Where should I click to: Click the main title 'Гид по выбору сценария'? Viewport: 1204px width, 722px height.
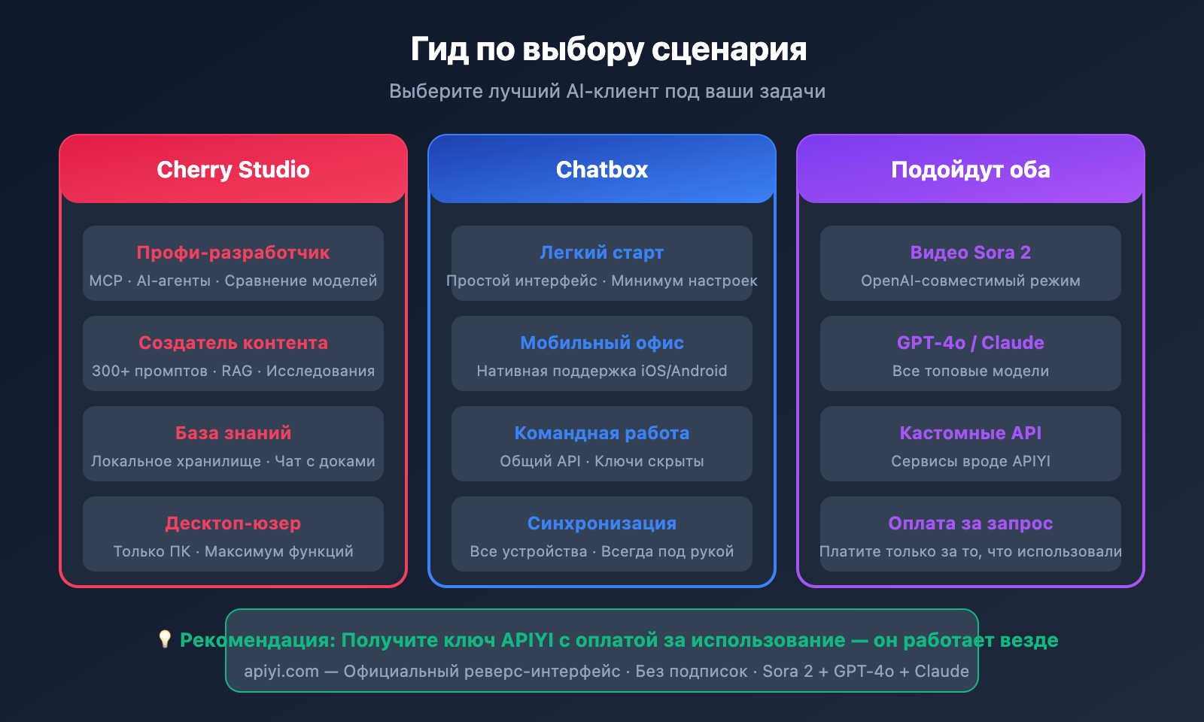pyautogui.click(x=608, y=50)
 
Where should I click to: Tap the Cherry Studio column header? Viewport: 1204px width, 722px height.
pyautogui.click(x=233, y=170)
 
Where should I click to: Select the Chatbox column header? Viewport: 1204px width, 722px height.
pyautogui.click(x=602, y=170)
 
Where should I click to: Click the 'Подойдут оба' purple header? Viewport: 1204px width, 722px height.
pyautogui.click(x=970, y=170)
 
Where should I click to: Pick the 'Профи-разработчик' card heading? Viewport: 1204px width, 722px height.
pyautogui.click(x=233, y=253)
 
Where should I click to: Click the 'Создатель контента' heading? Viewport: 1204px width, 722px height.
pyautogui.click(x=233, y=343)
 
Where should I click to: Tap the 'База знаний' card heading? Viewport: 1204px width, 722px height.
pyautogui.click(x=233, y=433)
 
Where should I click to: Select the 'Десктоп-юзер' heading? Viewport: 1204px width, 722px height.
pyautogui.click(x=233, y=523)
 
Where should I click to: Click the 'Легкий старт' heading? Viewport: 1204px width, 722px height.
pyautogui.click(x=602, y=253)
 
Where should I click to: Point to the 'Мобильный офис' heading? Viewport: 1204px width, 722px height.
pyautogui.click(x=602, y=343)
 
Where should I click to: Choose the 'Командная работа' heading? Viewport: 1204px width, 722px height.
pyautogui.click(x=602, y=433)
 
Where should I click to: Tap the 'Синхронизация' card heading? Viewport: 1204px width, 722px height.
pyautogui.click(x=602, y=523)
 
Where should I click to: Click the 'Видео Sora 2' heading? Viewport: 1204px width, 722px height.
pyautogui.click(x=970, y=253)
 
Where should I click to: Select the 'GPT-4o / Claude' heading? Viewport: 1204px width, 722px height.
pyautogui.click(x=970, y=343)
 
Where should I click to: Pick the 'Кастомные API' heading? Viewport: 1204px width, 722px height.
pyautogui.click(x=970, y=433)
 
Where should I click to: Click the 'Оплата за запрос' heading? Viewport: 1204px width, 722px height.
pyautogui.click(x=970, y=523)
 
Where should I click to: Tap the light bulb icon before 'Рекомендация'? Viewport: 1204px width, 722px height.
pyautogui.click(x=165, y=639)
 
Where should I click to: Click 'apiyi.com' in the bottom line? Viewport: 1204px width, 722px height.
pyautogui.click(x=281, y=672)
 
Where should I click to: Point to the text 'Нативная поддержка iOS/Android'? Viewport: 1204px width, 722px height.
pyautogui.click(x=602, y=371)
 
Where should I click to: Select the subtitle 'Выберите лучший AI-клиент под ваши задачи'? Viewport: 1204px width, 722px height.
pyautogui.click(x=607, y=91)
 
